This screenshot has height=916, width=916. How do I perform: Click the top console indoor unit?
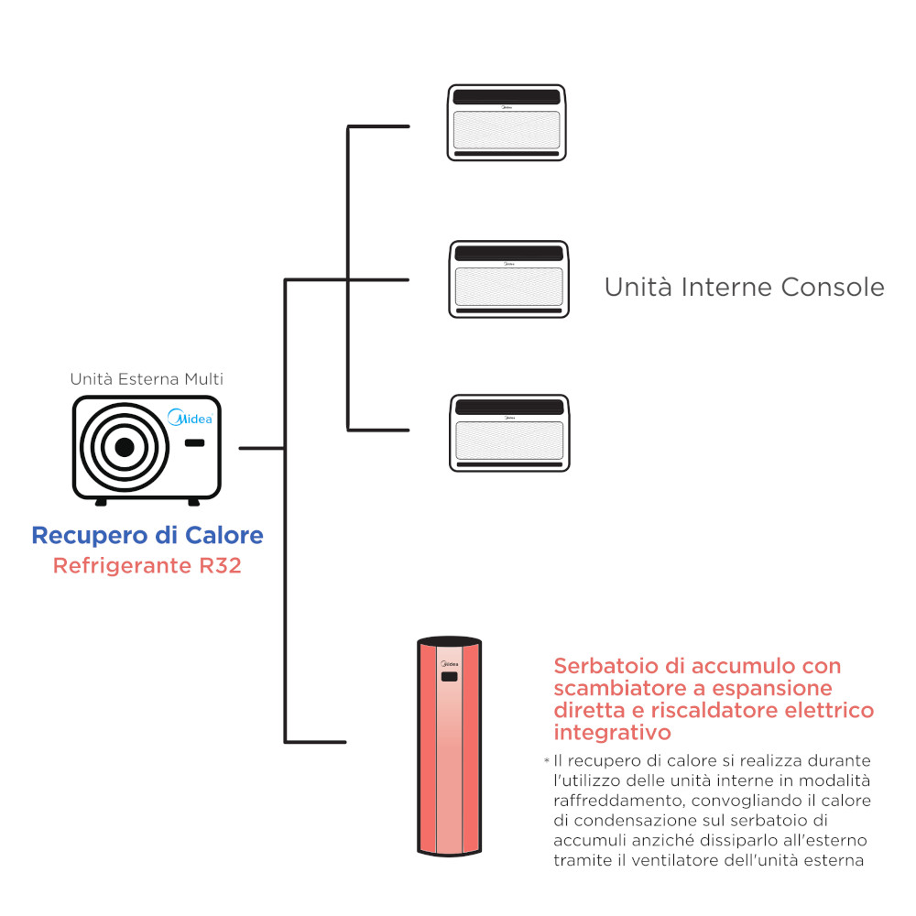pos(507,123)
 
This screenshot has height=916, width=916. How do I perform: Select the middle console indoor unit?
pos(508,279)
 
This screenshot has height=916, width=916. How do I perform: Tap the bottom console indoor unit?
pos(509,433)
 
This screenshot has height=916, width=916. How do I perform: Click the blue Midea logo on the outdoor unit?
pos(190,417)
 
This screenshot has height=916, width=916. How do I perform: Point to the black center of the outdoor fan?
pos(125,448)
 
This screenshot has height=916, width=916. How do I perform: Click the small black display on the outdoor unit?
pos(194,442)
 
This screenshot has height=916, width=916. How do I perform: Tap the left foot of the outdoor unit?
pos(101,502)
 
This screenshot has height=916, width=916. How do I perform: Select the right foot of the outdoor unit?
pos(194,502)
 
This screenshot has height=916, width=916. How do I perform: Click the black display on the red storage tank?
pos(449,677)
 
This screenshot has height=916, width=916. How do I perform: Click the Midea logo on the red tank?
pos(449,664)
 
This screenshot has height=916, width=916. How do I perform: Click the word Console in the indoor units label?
pos(833,287)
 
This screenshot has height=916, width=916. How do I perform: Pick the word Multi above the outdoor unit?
pos(204,379)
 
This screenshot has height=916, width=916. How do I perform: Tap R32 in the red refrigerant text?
pos(220,565)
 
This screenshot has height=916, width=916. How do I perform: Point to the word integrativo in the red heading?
pos(612,733)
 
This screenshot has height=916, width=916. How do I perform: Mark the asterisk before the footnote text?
pos(547,760)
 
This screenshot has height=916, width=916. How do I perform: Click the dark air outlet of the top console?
pos(507,97)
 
